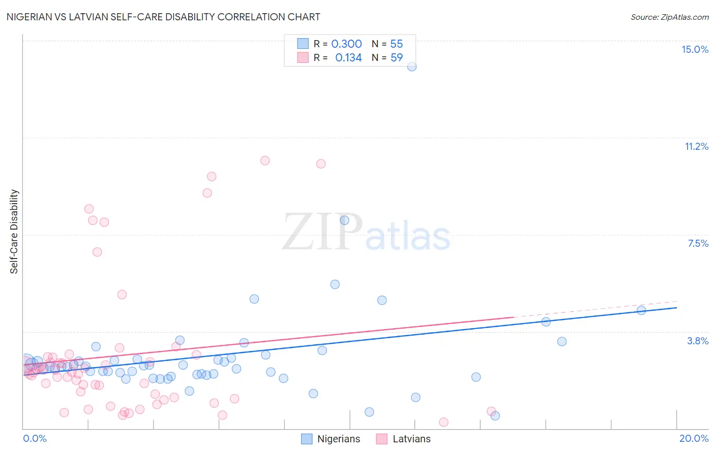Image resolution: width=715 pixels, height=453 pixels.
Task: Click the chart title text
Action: tap(163, 17)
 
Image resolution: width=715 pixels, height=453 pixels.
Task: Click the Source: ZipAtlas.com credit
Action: tap(669, 17)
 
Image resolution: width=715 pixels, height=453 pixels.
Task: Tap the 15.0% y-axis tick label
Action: tap(695, 49)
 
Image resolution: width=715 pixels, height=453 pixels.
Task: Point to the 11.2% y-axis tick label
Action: tap(696, 146)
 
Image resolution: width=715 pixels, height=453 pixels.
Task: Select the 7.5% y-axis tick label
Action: tap(698, 243)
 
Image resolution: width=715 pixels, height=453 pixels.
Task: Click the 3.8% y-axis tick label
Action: tap(698, 341)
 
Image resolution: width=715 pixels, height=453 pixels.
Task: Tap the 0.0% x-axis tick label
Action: tap(35, 438)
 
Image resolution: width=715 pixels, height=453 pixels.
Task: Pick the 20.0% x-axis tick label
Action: tap(694, 438)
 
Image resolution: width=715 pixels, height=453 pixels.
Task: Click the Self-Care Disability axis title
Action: tap(14, 232)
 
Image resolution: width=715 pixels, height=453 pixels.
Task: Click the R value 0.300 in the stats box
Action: tap(346, 44)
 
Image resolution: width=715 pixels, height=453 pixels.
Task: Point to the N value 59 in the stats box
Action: tap(397, 58)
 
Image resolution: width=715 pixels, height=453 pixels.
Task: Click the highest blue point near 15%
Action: tap(412, 67)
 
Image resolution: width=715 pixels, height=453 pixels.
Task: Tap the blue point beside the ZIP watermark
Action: tap(344, 220)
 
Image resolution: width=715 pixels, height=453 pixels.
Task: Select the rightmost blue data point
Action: tap(641, 310)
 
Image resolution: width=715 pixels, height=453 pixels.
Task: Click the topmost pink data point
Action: tap(265, 160)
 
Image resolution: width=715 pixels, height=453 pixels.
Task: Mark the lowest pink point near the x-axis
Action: tap(443, 422)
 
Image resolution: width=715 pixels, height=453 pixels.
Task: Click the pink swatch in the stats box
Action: tap(303, 57)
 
